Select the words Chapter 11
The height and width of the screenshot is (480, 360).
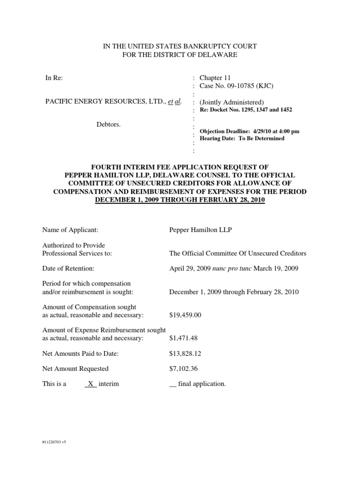[215, 78]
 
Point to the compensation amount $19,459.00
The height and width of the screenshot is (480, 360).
[185, 315]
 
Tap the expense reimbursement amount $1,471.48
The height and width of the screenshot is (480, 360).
[183, 338]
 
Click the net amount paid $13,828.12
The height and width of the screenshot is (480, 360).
[185, 353]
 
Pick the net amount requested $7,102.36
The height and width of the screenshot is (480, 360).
[183, 368]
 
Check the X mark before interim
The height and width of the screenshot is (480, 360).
[91, 384]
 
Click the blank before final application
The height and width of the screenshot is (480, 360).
[172, 384]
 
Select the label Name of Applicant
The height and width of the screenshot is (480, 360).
[70, 230]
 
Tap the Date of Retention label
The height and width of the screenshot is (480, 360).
[68, 269]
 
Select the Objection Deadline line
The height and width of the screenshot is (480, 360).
[249, 131]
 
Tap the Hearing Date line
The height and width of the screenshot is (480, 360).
[242, 139]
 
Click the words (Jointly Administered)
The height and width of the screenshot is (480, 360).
[232, 102]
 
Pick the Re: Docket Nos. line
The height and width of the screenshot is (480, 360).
[246, 110]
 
